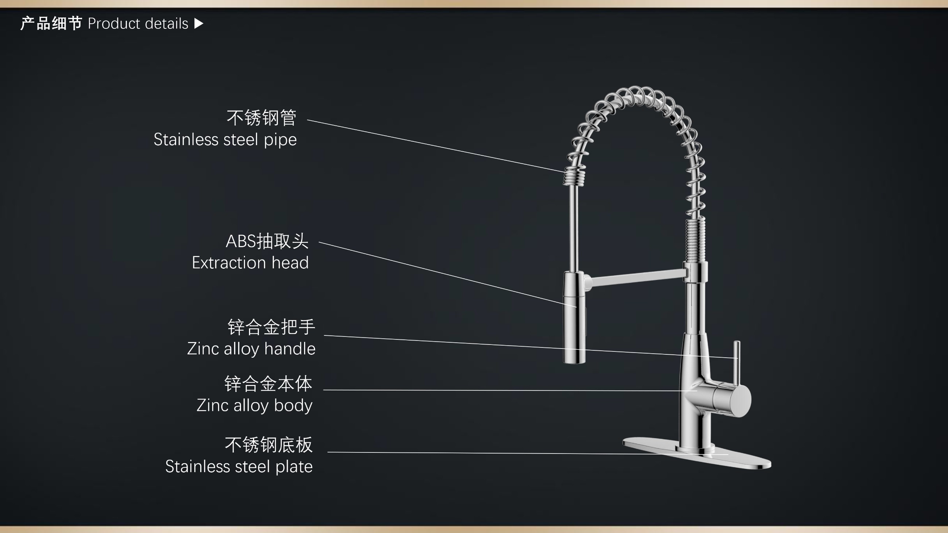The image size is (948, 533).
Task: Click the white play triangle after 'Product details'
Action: click(199, 24)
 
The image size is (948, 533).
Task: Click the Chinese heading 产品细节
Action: click(51, 24)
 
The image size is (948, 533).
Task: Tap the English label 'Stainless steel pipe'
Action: click(225, 140)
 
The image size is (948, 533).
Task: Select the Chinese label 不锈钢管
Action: click(261, 118)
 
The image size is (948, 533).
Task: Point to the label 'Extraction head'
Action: click(250, 262)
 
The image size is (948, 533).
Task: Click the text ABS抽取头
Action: click(267, 241)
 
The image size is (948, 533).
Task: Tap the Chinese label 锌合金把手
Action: click(272, 327)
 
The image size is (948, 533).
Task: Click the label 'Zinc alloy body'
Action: click(254, 405)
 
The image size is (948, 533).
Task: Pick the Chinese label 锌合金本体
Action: click(268, 384)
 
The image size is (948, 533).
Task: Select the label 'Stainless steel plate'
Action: click(239, 466)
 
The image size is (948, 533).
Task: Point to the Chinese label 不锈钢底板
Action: click(269, 445)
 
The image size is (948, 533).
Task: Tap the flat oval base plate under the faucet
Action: click(697, 453)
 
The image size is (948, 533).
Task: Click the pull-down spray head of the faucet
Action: click(575, 318)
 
